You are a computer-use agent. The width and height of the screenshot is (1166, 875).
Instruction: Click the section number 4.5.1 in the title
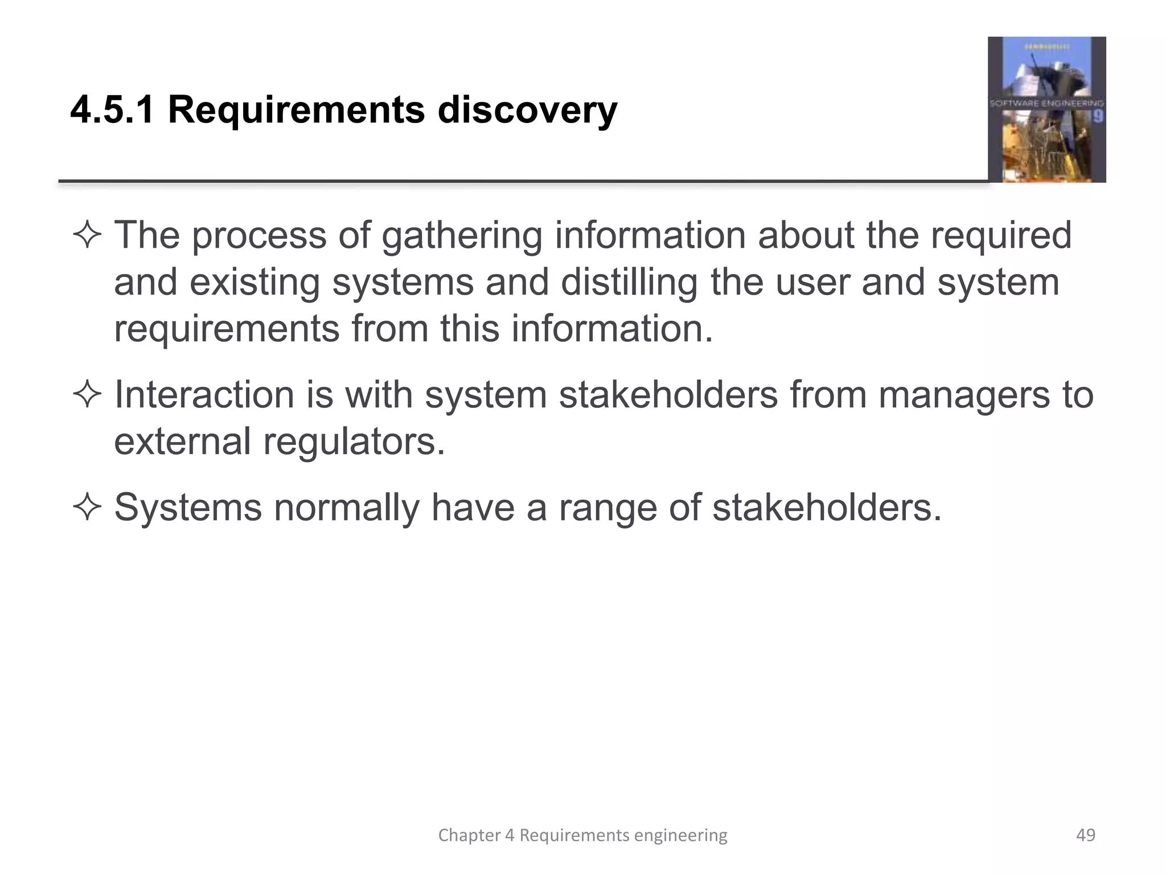(x=112, y=109)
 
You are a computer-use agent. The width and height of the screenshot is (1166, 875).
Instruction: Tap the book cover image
(x=1046, y=109)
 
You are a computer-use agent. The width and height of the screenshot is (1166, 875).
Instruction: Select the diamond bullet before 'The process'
(x=87, y=235)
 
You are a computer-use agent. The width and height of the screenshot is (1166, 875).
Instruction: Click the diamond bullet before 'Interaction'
(x=87, y=395)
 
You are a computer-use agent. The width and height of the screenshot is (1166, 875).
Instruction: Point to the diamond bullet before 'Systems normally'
(x=87, y=507)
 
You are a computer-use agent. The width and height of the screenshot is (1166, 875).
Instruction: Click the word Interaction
(x=204, y=395)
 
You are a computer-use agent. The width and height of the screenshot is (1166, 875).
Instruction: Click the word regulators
(x=354, y=442)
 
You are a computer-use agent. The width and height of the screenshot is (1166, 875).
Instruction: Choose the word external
(x=182, y=441)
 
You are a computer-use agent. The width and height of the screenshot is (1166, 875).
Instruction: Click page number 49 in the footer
(x=1085, y=835)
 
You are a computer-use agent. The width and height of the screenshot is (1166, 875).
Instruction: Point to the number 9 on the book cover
(x=1098, y=117)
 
